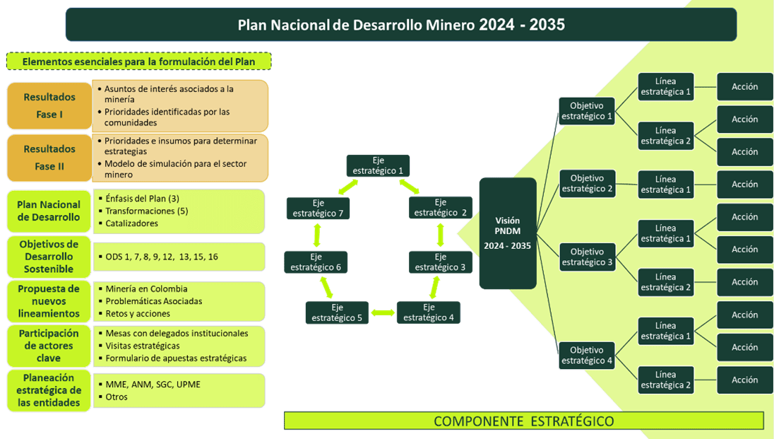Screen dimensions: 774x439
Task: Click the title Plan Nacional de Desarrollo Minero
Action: pyautogui.click(x=357, y=25)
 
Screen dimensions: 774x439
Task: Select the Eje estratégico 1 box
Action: pyautogui.click(x=378, y=165)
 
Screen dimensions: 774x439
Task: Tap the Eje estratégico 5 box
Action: pyautogui.click(x=337, y=312)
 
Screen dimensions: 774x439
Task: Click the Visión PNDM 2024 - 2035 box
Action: pyautogui.click(x=508, y=233)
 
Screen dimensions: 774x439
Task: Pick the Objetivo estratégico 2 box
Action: pyautogui.click(x=588, y=183)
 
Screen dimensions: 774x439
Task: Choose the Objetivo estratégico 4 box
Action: pyautogui.click(x=587, y=356)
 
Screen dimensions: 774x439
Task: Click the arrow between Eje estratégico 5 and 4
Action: pyautogui.click(x=383, y=312)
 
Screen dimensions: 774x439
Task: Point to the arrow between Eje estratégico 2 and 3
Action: pyautogui.click(x=440, y=235)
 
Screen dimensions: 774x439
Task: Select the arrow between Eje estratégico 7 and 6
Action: pyautogui.click(x=317, y=235)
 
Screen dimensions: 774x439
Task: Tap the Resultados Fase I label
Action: pyautogui.click(x=49, y=106)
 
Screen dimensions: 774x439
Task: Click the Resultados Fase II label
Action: pyautogui.click(x=49, y=158)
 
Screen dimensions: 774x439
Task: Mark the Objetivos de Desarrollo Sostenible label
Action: pyautogui.click(x=48, y=257)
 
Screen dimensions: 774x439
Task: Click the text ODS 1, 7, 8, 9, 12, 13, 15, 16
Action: pyautogui.click(x=162, y=257)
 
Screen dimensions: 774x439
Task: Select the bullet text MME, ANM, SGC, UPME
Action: pyautogui.click(x=153, y=384)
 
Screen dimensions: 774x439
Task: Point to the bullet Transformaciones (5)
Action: pyautogui.click(x=147, y=211)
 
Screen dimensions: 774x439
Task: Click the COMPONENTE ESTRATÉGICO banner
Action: pyautogui.click(x=524, y=421)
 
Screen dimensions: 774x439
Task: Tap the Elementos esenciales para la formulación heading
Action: pyautogui.click(x=138, y=62)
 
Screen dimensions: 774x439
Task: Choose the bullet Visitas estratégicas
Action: pyautogui.click(x=143, y=346)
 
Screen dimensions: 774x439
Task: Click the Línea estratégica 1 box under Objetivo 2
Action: pyautogui.click(x=666, y=185)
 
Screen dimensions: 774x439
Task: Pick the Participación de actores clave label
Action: pyautogui.click(x=48, y=346)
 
